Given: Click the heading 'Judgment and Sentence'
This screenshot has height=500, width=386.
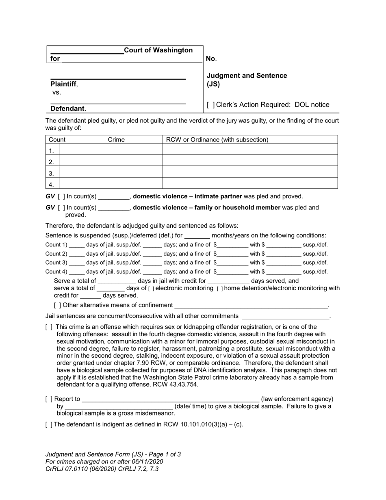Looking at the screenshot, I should (247, 76).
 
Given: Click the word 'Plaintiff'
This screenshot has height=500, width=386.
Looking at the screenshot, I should (63, 84).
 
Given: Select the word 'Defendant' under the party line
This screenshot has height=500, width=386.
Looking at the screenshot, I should (67, 109).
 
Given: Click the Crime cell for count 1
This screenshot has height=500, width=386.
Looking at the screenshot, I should (111, 150).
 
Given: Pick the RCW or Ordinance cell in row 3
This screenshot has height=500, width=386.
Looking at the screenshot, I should (250, 173).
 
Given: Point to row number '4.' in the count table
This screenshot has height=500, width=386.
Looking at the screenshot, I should (52, 184).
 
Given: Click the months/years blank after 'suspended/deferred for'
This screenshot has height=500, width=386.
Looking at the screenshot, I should (197, 235).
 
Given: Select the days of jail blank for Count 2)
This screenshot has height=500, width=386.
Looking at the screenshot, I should (77, 254).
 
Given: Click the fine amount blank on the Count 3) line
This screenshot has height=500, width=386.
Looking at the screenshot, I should (232, 263).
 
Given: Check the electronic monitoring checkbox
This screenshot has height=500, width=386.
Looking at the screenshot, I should (151, 289).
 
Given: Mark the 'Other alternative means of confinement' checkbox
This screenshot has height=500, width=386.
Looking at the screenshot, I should (58, 305).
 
